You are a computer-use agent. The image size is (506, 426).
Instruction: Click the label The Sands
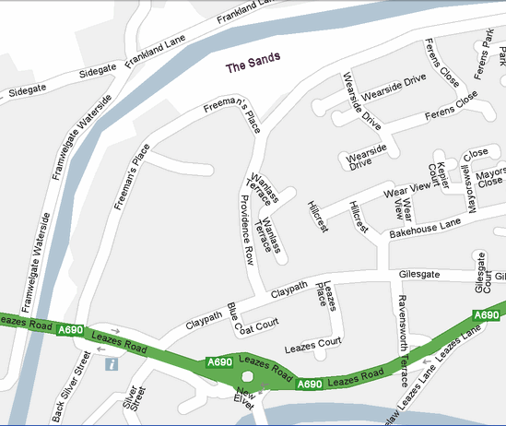253,67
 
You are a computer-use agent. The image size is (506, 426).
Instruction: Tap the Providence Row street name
246,230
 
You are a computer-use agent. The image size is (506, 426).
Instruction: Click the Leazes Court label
312,349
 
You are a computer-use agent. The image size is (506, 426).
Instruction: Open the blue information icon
112,365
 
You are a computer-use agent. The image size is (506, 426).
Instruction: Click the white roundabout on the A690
248,380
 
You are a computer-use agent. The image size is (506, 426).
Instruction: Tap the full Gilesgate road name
420,275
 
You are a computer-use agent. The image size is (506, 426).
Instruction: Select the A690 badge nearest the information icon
70,330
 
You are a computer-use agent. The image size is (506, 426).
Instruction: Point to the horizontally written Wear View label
408,189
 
